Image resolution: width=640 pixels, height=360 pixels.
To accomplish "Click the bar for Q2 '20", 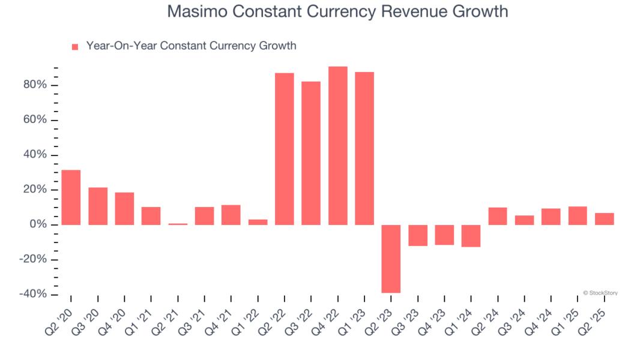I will (x=71, y=197).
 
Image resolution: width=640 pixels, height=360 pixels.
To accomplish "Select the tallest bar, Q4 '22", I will (x=338, y=146).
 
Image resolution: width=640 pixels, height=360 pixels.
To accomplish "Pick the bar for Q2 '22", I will (x=285, y=149).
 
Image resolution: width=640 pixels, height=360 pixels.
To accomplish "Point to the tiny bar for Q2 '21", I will (x=178, y=224).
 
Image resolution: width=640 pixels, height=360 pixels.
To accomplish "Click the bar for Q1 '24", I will (x=471, y=236).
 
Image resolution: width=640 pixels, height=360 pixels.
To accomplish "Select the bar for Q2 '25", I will (x=605, y=219).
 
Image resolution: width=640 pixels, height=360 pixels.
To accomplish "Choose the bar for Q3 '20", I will (x=98, y=206).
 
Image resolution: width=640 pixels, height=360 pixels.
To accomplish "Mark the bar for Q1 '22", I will (x=258, y=222).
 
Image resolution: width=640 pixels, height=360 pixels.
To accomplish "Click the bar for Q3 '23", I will (x=418, y=235).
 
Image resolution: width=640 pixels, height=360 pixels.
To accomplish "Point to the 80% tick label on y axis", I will (x=35, y=85).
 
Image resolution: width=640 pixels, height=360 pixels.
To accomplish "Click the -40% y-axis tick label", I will (x=33, y=295).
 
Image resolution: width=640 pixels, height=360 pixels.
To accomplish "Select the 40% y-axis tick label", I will (x=35, y=155).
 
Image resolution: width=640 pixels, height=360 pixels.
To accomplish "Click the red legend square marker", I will (x=75, y=47).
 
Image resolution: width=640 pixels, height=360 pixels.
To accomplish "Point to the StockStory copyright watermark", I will (x=600, y=293).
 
